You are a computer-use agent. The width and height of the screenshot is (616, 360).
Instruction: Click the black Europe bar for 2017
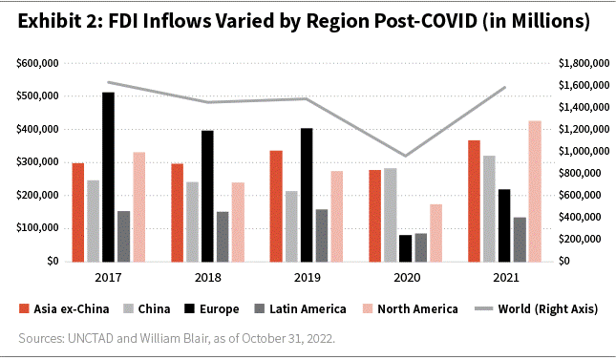(108, 177)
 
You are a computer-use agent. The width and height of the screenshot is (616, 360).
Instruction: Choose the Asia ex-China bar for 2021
(475, 201)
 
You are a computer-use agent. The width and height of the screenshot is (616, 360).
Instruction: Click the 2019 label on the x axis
(308, 277)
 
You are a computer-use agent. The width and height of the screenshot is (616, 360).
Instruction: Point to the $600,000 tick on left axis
(39, 63)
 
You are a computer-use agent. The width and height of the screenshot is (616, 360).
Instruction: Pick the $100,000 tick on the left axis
(39, 228)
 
